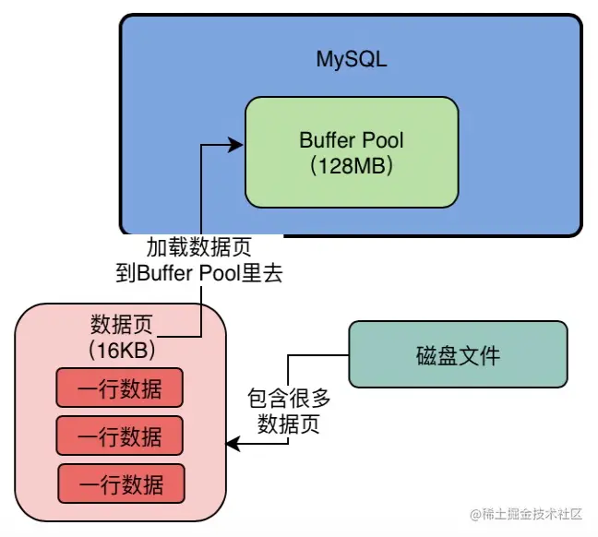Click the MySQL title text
pyautogui.click(x=352, y=61)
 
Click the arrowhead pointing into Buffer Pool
pyautogui.click(x=238, y=144)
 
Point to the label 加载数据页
pyautogui.click(x=198, y=248)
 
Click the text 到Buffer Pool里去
pyautogui.click(x=198, y=273)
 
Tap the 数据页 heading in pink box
pyautogui.click(x=120, y=326)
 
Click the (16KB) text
pyautogui.click(x=121, y=351)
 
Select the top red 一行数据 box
pyautogui.click(x=120, y=388)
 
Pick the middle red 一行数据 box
pyautogui.click(x=120, y=436)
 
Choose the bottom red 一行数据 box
pyautogui.click(x=122, y=483)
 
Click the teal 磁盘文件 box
pyautogui.click(x=458, y=353)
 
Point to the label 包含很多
pyautogui.click(x=289, y=400)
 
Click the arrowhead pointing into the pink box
pyautogui.click(x=233, y=446)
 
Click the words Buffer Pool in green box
pyautogui.click(x=352, y=141)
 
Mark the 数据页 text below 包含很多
pyautogui.click(x=289, y=424)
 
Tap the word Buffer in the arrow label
pyautogui.click(x=161, y=273)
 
